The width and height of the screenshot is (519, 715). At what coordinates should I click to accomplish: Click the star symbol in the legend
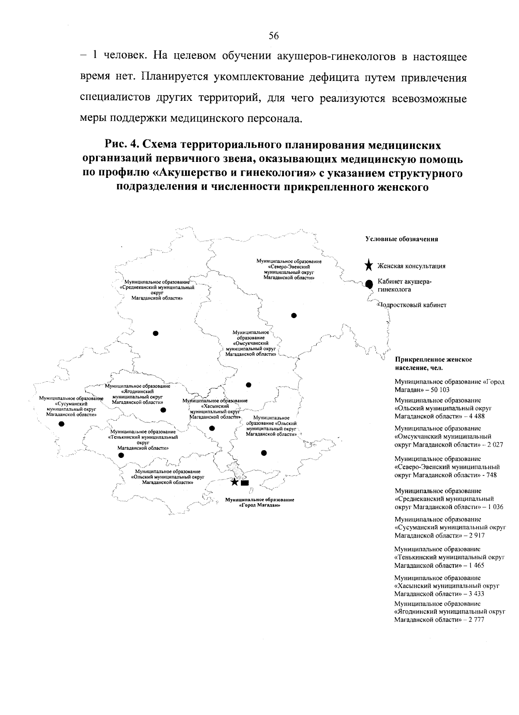(368, 266)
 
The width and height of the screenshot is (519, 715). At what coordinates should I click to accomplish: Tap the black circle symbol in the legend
(369, 284)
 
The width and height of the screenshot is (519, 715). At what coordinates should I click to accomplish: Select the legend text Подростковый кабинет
(412, 305)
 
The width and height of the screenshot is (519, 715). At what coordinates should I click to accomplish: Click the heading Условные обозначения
(402, 239)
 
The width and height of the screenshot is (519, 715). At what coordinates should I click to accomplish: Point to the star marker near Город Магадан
(234, 482)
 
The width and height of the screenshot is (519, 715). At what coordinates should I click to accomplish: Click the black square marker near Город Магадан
(245, 483)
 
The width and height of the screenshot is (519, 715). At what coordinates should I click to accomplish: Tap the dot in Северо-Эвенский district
(294, 315)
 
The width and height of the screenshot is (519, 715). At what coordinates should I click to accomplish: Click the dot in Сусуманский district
(61, 424)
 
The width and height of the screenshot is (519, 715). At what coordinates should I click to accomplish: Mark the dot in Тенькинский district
(121, 455)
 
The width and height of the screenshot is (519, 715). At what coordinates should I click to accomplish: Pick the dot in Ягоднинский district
(163, 410)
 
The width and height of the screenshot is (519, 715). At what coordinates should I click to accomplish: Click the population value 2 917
(475, 535)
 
